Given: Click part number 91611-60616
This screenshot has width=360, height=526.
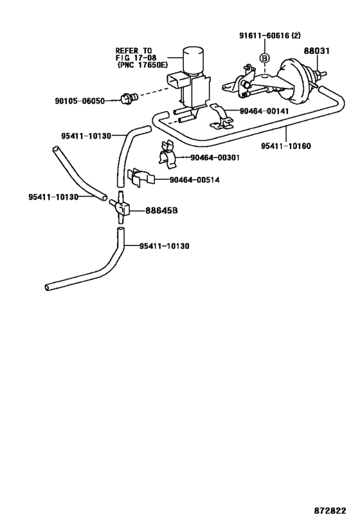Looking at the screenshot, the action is pos(264,35).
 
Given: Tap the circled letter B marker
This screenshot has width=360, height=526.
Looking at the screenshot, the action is pos(265,58).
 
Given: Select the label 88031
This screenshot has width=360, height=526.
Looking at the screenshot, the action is pos(317,51).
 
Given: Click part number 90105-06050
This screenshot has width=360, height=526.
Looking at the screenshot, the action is pos(80,101).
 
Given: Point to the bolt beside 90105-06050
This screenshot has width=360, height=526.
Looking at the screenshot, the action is pos(129,98).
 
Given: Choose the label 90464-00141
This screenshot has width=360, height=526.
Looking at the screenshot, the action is pos(264,111).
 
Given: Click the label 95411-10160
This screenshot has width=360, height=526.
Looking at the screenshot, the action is pos(286,146).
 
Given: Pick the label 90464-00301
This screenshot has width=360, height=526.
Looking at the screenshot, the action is pos(215,157).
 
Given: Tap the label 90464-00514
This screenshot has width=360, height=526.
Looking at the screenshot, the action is pos(194,180).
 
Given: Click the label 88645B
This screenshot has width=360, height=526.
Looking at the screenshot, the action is pos(161,211).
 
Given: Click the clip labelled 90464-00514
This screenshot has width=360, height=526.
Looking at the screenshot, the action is pos(140,177).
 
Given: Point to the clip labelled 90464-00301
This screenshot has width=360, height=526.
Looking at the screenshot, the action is pos(168,155).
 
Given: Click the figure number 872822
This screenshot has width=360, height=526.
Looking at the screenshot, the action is pos(330,511).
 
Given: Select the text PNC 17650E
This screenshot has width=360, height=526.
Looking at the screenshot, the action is pos(142,65).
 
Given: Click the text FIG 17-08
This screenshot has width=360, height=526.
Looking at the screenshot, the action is pos(136,58).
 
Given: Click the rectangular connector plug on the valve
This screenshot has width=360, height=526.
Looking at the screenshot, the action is pos(175,81).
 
